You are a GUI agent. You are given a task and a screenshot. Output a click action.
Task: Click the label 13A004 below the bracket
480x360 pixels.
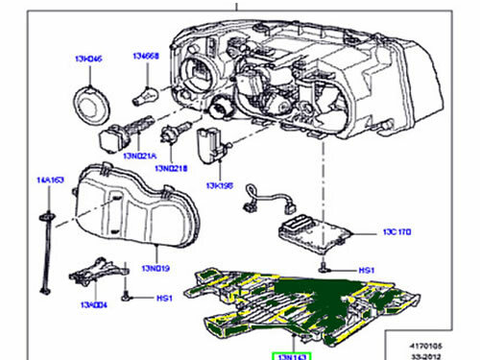pos(92,305)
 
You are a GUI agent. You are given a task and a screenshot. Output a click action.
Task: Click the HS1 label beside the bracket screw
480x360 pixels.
pos(164,298)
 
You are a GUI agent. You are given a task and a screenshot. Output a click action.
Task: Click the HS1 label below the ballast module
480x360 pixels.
pos(365,271)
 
